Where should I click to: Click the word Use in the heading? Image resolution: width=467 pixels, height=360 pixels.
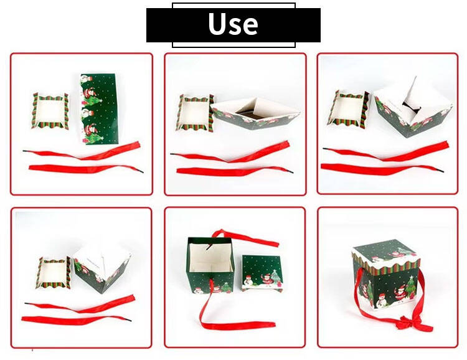[233, 24]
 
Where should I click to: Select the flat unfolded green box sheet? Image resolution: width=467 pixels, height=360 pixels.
[99, 109]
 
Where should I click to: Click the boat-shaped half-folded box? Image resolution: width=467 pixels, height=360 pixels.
[255, 113]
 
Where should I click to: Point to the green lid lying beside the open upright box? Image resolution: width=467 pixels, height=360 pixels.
[262, 273]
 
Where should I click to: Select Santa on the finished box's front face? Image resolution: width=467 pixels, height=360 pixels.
[399, 293]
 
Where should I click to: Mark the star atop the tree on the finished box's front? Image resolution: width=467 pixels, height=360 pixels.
[412, 278]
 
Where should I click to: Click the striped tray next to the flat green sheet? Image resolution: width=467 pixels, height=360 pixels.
[50, 111]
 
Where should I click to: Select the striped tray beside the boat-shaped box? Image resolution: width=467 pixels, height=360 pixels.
[195, 113]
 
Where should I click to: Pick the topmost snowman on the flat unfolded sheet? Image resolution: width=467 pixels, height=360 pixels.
[86, 79]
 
